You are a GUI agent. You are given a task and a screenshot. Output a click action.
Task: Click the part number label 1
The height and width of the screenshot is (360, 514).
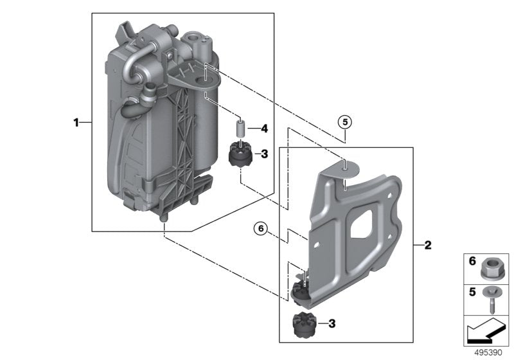(76, 122)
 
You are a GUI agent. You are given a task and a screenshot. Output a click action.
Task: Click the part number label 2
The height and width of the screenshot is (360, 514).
(428, 245)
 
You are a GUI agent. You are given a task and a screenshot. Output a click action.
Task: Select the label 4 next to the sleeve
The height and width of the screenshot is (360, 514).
(263, 129)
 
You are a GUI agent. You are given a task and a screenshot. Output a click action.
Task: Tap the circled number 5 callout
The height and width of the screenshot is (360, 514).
(345, 121)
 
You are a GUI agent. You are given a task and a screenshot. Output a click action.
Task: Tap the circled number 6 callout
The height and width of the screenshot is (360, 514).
(260, 227)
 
